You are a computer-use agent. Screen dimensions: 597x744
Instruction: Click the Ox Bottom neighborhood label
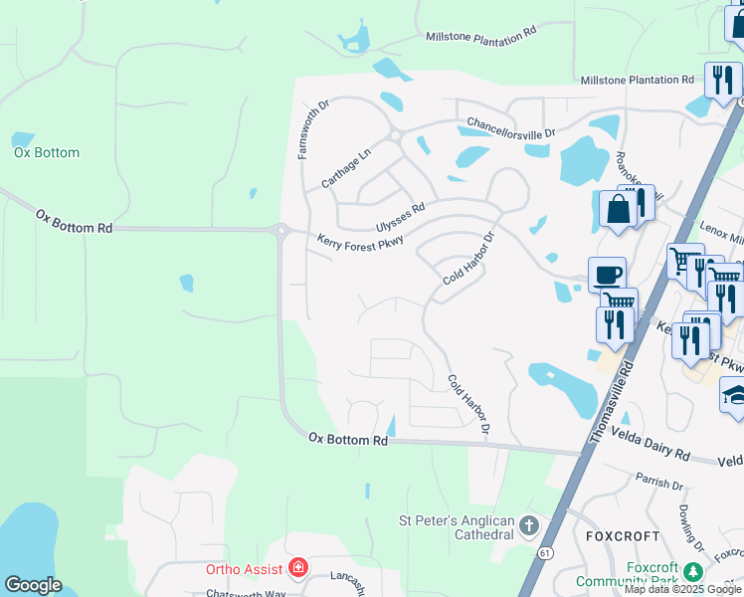coord(47,153)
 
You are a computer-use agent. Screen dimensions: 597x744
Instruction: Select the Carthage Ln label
coord(345,167)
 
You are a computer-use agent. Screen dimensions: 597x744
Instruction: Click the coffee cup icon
coord(606,275)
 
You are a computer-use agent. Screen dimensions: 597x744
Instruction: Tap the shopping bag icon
coord(618,209)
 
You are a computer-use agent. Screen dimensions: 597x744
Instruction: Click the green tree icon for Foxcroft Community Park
coord(693,572)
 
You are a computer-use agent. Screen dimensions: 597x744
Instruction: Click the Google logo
coord(33,585)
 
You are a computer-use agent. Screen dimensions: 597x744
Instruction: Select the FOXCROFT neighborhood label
coord(623,535)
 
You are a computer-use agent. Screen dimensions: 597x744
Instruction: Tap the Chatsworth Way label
coord(246,593)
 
